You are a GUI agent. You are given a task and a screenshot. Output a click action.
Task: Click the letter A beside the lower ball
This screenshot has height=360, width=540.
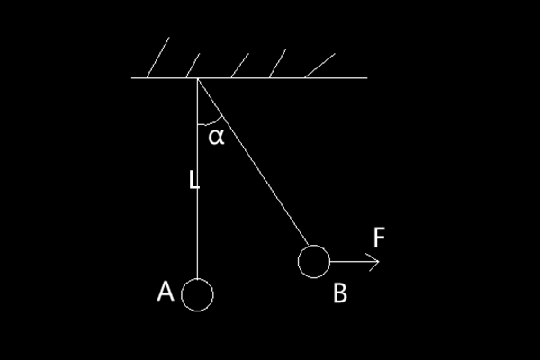[x=165, y=292]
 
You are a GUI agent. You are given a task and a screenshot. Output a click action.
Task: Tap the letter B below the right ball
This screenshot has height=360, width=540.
[x=339, y=293]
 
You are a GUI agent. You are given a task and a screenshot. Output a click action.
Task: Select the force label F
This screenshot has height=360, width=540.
[x=380, y=238]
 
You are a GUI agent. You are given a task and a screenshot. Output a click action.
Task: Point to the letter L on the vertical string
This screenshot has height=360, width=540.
[x=193, y=180]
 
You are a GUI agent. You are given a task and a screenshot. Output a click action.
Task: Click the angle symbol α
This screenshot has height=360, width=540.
[x=216, y=137]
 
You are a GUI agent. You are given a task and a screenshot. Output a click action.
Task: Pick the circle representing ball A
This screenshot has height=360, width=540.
[x=197, y=294]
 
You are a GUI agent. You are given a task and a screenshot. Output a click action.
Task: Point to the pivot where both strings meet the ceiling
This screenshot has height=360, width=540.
[x=197, y=79]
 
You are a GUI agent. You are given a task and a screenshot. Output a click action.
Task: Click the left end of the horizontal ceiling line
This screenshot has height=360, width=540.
[x=133, y=78]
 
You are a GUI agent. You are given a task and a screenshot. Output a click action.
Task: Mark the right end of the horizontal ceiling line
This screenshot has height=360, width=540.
[x=366, y=78]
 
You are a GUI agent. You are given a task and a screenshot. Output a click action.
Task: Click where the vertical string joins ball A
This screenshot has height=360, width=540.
[x=197, y=279]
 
